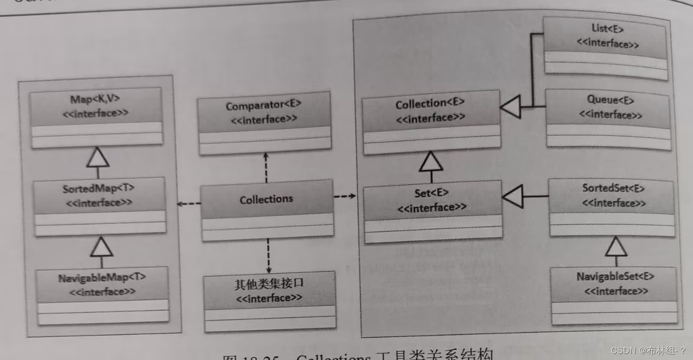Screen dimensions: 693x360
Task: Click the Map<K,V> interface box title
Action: [x=95, y=100]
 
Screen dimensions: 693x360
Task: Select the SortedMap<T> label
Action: [x=99, y=189]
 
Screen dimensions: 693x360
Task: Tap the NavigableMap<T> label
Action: [x=102, y=278]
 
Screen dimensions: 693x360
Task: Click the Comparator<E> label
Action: [x=263, y=106]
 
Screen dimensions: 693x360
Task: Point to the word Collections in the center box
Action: [x=266, y=199]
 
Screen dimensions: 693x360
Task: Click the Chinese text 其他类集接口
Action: [x=269, y=284]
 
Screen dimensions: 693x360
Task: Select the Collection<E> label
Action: [x=430, y=104]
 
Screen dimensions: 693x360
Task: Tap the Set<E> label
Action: [x=431, y=193]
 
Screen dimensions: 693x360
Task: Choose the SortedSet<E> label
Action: [x=613, y=189]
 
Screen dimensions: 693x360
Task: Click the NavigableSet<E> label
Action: [x=615, y=276]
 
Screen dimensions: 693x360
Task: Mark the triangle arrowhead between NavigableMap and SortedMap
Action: [x=102, y=246]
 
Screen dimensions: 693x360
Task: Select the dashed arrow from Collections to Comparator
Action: [x=266, y=167]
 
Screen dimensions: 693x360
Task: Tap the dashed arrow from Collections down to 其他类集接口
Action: [x=268, y=255]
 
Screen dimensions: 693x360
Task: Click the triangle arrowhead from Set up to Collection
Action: [x=431, y=161]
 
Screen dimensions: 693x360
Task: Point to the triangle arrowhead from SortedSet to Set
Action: [x=512, y=196]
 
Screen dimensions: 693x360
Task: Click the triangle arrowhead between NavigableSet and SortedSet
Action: [x=615, y=246]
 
